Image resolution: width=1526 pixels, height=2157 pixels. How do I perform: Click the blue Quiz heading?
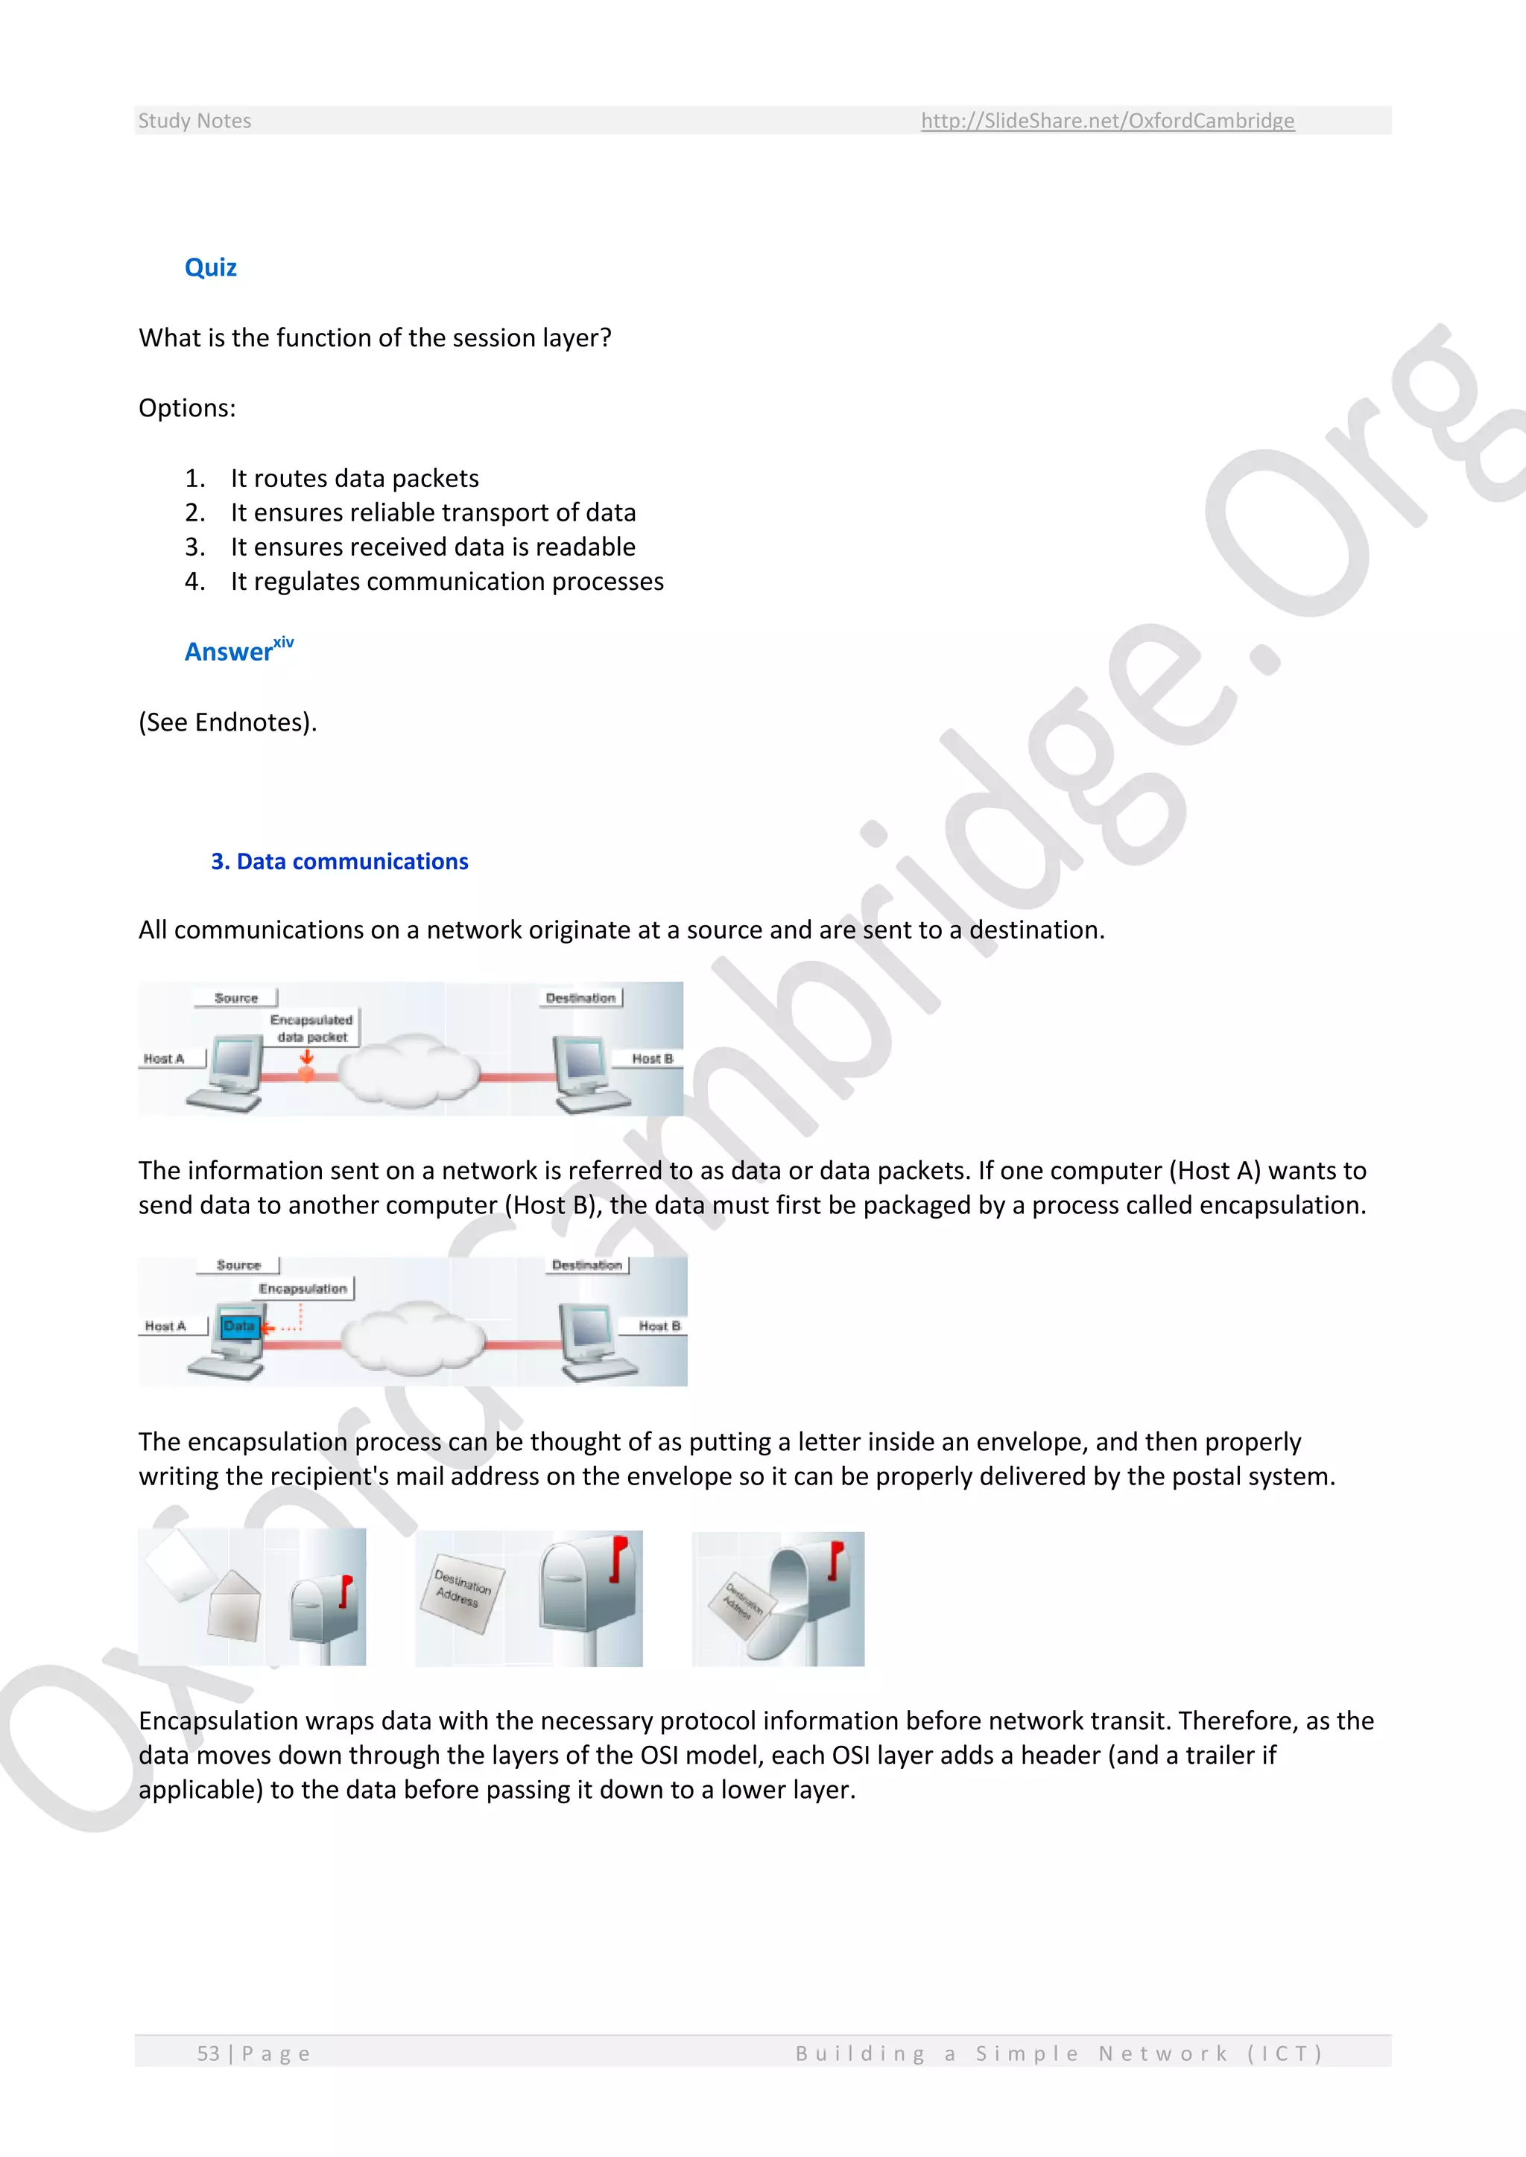(x=210, y=267)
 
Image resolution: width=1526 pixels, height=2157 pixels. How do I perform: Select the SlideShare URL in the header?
(x=1107, y=120)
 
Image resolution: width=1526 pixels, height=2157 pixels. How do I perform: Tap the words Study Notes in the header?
(x=194, y=120)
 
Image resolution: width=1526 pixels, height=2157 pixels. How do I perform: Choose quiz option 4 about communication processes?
(x=446, y=582)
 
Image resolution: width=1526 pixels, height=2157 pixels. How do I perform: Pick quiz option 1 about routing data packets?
(x=354, y=478)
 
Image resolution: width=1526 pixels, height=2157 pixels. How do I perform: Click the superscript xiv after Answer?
(x=283, y=643)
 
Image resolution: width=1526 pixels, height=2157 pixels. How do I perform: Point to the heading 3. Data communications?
(x=339, y=862)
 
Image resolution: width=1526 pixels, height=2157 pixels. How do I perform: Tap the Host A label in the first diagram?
(x=163, y=1059)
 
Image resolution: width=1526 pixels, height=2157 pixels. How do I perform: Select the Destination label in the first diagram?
(x=580, y=998)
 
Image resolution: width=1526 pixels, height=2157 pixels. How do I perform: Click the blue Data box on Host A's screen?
(x=238, y=1326)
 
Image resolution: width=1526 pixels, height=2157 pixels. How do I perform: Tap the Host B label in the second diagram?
(x=659, y=1326)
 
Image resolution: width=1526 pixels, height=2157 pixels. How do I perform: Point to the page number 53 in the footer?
(x=208, y=2053)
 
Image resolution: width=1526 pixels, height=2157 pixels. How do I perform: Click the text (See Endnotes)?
(x=227, y=722)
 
